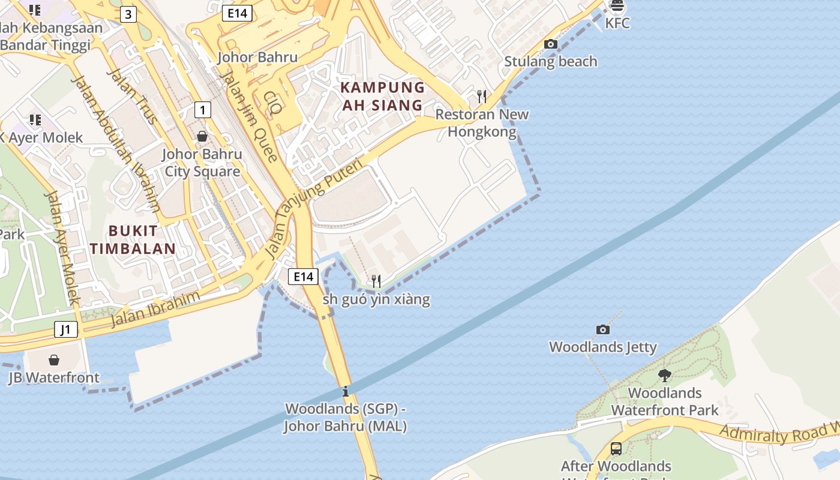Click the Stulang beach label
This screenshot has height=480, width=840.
coord(550,61)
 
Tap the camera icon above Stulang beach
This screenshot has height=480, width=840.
coord(550,44)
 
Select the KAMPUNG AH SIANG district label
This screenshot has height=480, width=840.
coord(382,96)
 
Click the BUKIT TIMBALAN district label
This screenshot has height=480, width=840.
coord(133,239)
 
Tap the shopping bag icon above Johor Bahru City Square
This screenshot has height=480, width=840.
coord(202,136)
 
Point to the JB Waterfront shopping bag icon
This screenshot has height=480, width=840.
coord(54,360)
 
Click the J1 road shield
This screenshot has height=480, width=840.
coord(65,329)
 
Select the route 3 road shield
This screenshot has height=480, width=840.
coord(128,14)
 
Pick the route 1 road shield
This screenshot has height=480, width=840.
coord(203,110)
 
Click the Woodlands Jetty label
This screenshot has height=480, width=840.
coord(602,347)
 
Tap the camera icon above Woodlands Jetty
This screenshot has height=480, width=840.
coord(602,329)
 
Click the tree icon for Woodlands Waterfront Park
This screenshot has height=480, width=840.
coord(664,376)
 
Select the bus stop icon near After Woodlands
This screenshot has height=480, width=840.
coord(616,448)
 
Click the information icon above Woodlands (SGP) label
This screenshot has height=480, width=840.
coord(345,392)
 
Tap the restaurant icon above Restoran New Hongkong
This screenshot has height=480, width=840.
coord(481,96)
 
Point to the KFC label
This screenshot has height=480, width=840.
coord(617,23)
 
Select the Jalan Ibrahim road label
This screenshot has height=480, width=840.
coord(155,308)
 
